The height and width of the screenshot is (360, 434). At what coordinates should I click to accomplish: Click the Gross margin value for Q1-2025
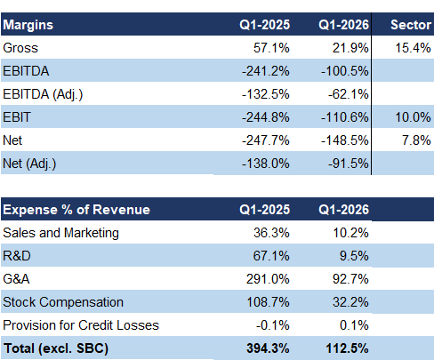click(x=271, y=48)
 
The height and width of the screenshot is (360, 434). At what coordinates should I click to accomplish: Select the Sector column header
click(x=411, y=25)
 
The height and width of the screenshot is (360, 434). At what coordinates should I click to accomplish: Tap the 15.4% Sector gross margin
click(x=413, y=48)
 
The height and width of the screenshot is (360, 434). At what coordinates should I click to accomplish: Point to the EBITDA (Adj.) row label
click(x=43, y=94)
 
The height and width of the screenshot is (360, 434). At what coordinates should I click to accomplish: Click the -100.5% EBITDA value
click(x=345, y=71)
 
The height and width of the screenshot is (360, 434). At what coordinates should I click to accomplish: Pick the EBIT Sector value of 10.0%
click(x=413, y=117)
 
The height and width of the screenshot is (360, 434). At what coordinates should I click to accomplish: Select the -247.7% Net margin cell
click(x=266, y=140)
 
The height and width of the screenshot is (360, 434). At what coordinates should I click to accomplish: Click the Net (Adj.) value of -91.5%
click(x=349, y=164)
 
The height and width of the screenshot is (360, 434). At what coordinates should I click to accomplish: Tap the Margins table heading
click(x=28, y=25)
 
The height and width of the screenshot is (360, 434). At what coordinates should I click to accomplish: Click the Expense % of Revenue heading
click(x=76, y=210)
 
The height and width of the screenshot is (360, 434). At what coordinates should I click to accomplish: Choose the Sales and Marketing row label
click(x=60, y=233)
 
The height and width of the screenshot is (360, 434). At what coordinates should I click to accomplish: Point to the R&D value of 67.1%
click(x=271, y=256)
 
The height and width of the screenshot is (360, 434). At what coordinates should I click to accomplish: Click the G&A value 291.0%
click(x=268, y=279)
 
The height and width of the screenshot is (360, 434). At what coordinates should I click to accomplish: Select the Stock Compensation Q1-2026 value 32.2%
click(x=350, y=302)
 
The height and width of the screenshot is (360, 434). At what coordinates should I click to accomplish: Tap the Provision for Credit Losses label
click(x=81, y=325)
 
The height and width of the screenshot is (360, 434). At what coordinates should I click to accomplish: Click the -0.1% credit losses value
click(x=273, y=325)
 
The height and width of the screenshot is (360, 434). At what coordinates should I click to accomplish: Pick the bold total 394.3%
click(x=268, y=348)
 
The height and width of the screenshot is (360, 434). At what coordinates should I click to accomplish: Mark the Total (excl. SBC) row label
click(x=56, y=348)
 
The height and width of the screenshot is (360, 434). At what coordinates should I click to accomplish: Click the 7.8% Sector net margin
click(x=416, y=140)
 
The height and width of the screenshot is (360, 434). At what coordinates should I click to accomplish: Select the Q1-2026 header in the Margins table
click(x=344, y=25)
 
